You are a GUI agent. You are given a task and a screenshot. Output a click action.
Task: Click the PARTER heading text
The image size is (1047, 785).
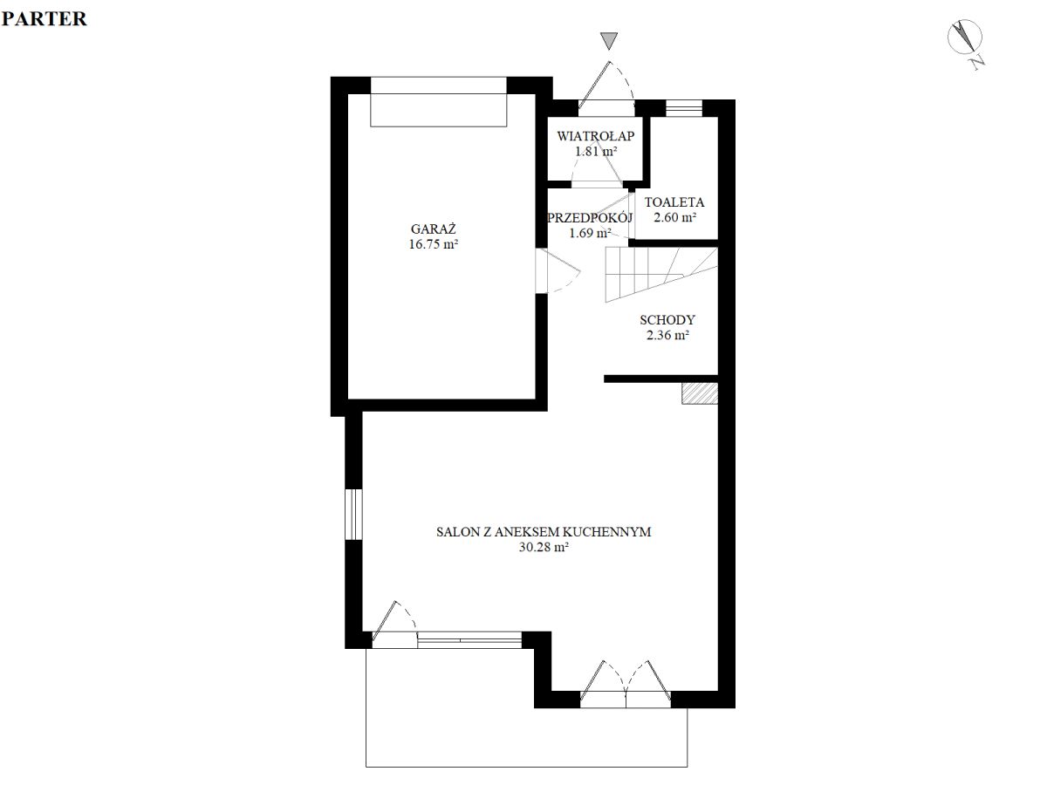[44, 19]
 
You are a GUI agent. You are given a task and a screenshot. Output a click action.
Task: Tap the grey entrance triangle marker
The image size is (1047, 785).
[609, 40]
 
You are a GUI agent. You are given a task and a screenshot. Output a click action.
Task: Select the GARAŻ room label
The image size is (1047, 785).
[433, 229]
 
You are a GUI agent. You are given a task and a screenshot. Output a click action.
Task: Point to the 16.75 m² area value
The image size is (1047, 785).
[433, 244]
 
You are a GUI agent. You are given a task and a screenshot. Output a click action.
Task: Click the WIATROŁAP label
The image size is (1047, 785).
[595, 136]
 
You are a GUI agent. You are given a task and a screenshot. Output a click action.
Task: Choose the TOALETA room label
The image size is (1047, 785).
[674, 202]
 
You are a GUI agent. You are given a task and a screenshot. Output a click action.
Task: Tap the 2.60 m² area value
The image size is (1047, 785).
[674, 217]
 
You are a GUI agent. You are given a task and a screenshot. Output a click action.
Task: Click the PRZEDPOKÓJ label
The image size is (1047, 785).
[590, 218]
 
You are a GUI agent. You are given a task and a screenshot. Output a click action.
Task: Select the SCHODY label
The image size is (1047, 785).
[667, 319]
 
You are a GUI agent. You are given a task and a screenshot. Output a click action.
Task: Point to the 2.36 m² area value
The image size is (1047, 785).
[667, 335]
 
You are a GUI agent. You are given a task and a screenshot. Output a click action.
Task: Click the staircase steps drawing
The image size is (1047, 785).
[661, 274]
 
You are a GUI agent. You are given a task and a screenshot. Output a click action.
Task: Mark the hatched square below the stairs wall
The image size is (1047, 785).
[700, 393]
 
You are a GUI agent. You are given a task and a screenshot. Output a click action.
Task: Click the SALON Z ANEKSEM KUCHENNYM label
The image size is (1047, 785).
[544, 532]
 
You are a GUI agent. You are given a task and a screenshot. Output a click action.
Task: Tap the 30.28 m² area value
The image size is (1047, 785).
[544, 547]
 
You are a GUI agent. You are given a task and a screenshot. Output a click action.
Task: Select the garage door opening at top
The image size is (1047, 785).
[438, 101]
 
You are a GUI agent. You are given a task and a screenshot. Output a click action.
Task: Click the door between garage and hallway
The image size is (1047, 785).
[558, 270]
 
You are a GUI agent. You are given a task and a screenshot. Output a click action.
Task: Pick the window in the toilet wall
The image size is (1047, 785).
[684, 108]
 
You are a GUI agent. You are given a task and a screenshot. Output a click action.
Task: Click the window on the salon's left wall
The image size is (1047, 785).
[353, 514]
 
